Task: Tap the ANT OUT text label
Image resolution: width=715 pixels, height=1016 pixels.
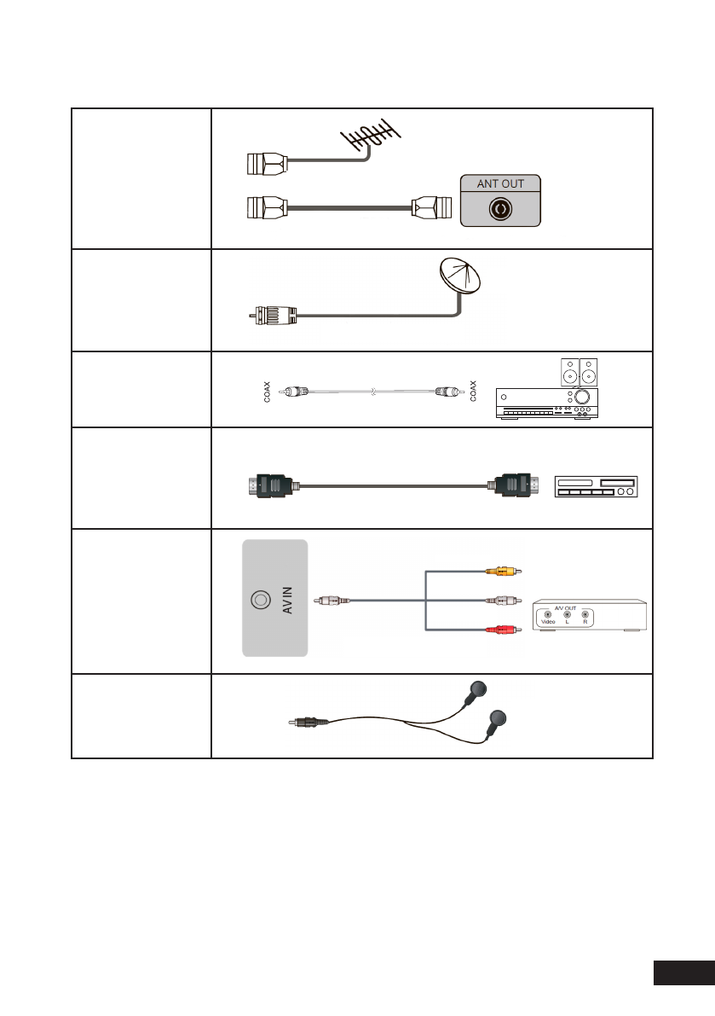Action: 501,183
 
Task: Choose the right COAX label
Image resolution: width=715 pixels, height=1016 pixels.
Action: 475,392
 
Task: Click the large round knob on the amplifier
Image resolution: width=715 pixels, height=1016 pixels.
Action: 582,398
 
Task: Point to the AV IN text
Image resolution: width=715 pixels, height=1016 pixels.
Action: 287,601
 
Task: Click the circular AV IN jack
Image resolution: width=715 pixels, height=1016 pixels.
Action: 259,601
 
